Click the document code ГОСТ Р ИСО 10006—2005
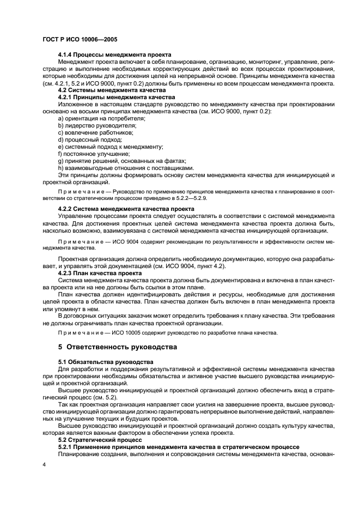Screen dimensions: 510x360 tap(80, 40)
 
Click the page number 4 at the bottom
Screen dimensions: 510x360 tap(44, 465)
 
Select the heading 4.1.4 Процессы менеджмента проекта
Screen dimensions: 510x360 tap(115, 54)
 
